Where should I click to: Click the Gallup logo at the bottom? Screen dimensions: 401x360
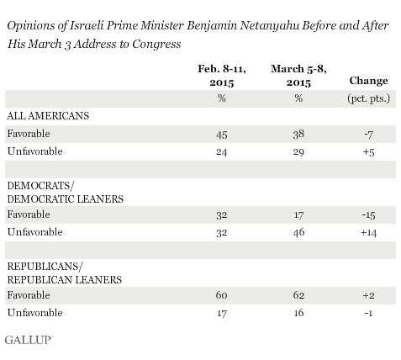[29, 340]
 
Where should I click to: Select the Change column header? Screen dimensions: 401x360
[368, 81]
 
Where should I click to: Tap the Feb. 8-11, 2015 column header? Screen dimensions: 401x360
[222, 76]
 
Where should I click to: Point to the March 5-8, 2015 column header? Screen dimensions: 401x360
[298, 76]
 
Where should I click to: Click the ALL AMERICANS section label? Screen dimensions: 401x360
[48, 116]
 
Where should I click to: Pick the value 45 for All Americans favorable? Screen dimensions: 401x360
[221, 135]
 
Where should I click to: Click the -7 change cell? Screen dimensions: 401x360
[368, 135]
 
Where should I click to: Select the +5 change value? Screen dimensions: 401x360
[368, 152]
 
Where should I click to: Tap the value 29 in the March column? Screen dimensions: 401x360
[298, 152]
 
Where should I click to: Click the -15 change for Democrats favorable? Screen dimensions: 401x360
[368, 215]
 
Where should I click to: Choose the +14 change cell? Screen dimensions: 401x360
[368, 233]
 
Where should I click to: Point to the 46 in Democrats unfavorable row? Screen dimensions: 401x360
[298, 232]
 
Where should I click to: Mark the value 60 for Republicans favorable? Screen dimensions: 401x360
[221, 295]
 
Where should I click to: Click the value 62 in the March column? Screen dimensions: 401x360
[298, 295]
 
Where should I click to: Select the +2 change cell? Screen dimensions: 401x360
[368, 295]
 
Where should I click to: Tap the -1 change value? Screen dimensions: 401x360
[368, 313]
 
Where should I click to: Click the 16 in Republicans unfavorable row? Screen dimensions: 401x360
[298, 313]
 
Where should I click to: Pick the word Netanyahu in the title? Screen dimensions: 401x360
[270, 26]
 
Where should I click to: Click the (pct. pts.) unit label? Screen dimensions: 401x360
[368, 98]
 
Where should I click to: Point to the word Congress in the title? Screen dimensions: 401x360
[156, 44]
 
